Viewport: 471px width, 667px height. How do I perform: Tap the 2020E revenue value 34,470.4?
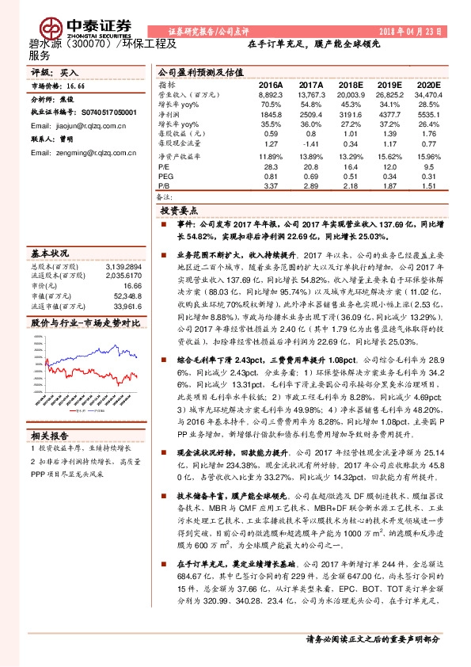click(425, 93)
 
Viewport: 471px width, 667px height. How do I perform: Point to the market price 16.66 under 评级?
click(77, 85)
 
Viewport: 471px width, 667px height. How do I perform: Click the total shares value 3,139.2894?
click(122, 266)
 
